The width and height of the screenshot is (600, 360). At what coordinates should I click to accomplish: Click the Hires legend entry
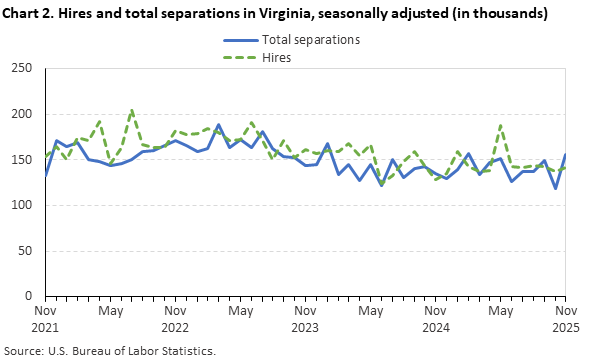277,59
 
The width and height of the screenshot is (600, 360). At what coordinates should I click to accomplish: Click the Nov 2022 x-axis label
175,319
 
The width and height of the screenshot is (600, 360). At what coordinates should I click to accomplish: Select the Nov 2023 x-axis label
305,319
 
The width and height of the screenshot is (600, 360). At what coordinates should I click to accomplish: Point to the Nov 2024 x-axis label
435,319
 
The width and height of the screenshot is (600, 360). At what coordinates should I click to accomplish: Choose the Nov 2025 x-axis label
565,319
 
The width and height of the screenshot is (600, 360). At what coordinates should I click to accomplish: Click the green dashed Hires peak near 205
132,110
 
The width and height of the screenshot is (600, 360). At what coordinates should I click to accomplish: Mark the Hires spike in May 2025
500,125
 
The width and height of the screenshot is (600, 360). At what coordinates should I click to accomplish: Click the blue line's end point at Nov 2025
565,155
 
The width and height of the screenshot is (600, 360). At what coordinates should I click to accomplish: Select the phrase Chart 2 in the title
29,14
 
